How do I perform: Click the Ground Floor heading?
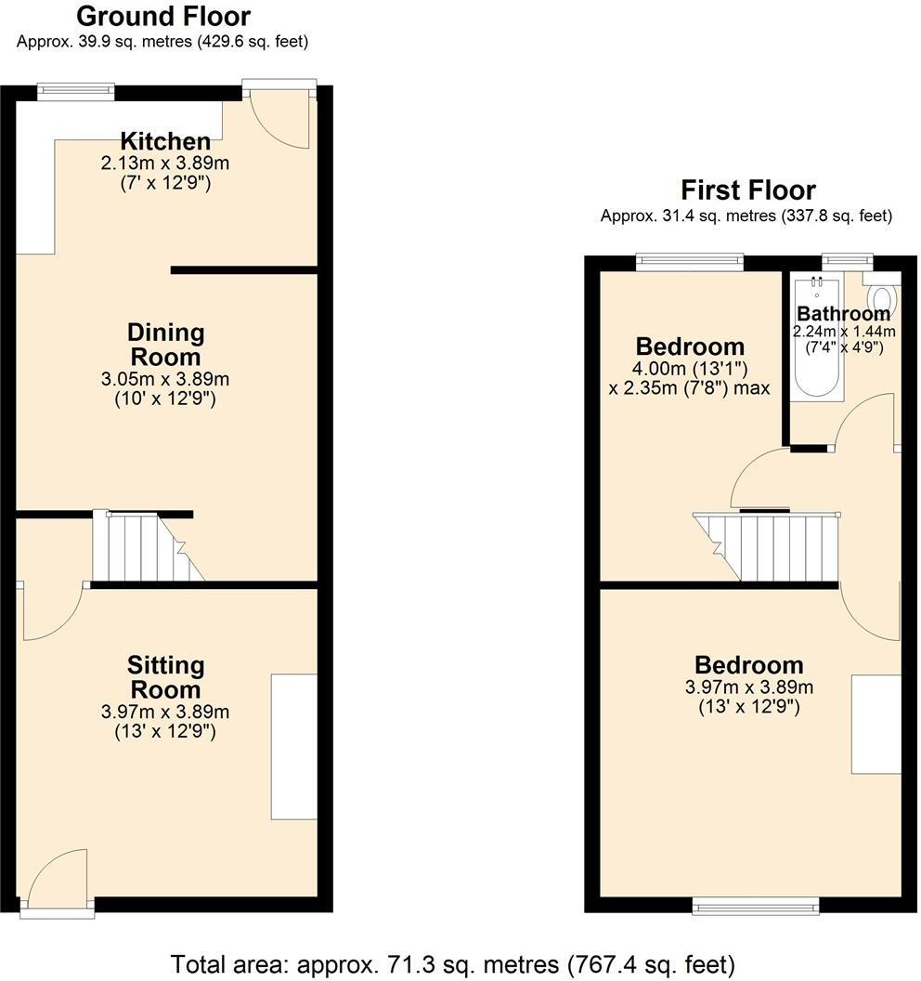(x=162, y=16)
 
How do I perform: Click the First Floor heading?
(x=747, y=190)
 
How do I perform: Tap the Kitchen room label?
(x=165, y=142)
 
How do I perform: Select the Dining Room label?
(x=165, y=345)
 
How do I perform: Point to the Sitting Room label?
(x=165, y=677)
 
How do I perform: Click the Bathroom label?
(x=843, y=314)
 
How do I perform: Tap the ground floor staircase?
(x=149, y=548)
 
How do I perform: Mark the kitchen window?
(x=76, y=91)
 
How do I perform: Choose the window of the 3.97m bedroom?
(x=756, y=905)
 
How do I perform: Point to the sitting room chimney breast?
(x=293, y=747)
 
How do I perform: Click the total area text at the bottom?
(x=453, y=963)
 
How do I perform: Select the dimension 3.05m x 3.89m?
(x=165, y=379)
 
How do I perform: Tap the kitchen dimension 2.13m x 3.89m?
(x=165, y=163)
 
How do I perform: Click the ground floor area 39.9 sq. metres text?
(x=162, y=42)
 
